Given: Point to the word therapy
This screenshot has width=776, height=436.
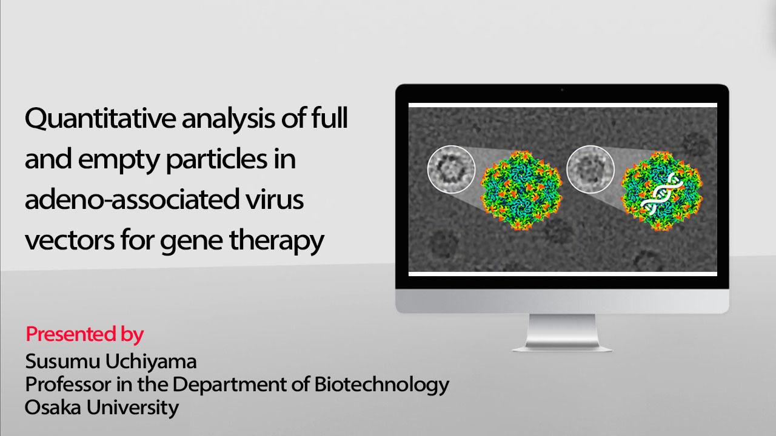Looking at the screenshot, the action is pos(276,242).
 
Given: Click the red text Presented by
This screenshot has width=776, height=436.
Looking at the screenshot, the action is pos(84,335).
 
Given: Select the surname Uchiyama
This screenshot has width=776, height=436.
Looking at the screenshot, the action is pos(151,362).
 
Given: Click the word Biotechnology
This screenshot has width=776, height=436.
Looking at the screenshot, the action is pos(382,385).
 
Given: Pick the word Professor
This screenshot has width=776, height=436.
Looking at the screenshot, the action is pos(69,385).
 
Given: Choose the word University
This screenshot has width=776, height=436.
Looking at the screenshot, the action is pos(133,408).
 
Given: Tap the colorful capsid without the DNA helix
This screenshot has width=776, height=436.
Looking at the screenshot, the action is pos(522,191).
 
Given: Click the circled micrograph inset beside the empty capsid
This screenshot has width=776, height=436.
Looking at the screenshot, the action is pos(451,169).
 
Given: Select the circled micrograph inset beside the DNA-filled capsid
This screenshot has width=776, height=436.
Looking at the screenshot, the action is pos(590,169).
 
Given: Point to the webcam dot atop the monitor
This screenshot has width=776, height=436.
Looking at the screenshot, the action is pos(562,90).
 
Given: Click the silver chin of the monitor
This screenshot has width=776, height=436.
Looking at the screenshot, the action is pos(562,301).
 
